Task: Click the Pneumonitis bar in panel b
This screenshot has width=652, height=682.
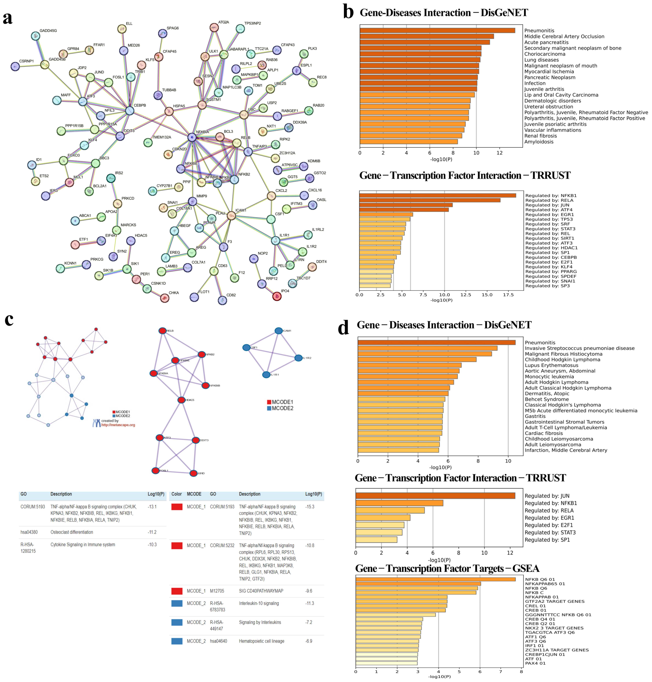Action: [437, 31]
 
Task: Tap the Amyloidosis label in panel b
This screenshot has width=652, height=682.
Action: [539, 142]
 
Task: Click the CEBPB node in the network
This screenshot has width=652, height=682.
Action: [129, 111]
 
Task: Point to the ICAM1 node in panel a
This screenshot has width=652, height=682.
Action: [231, 216]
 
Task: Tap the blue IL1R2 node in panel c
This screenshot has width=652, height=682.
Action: [298, 358]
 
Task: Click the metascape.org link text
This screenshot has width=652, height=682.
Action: [118, 425]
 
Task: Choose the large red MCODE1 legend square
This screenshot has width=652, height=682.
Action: [269, 402]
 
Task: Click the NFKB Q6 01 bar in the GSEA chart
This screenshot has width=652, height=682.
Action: [435, 579]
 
